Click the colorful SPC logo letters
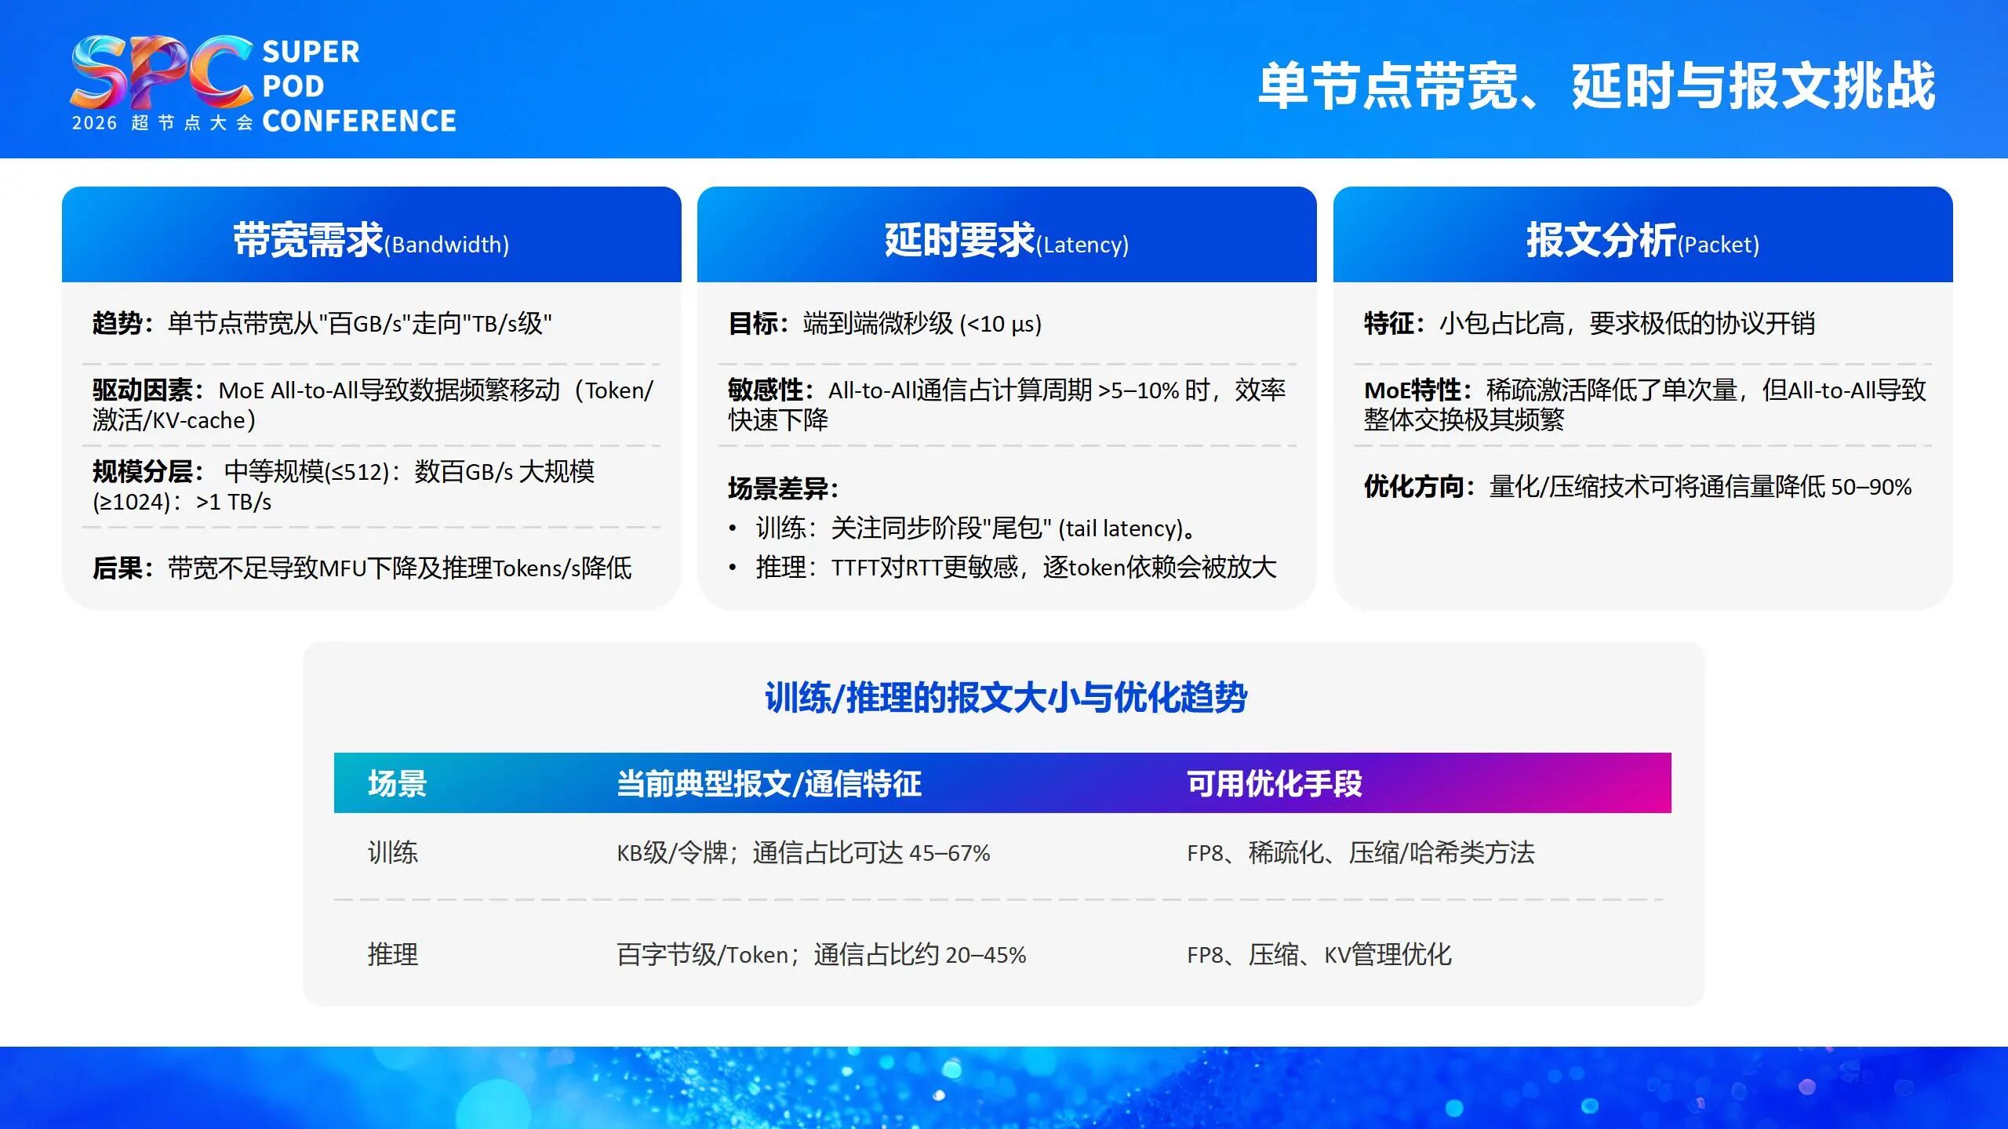pyautogui.click(x=161, y=72)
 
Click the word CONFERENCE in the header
pyautogui.click(x=358, y=121)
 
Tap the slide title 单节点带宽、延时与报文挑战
pyautogui.click(x=1596, y=86)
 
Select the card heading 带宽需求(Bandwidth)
pyautogui.click(x=371, y=241)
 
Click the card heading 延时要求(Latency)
pyautogui.click(x=1006, y=241)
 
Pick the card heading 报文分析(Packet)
pyautogui.click(x=1642, y=241)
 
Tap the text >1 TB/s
pyautogui.click(x=234, y=502)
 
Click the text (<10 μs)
pyautogui.click(x=1000, y=324)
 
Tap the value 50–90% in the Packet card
pyautogui.click(x=1871, y=487)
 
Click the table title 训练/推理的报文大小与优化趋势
pyautogui.click(x=1006, y=697)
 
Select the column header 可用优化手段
pyautogui.click(x=1274, y=783)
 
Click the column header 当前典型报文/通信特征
pyautogui.click(x=769, y=783)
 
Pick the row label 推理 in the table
pyautogui.click(x=393, y=954)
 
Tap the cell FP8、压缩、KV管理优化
pyautogui.click(x=1319, y=954)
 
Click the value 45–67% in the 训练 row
pyautogui.click(x=949, y=853)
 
